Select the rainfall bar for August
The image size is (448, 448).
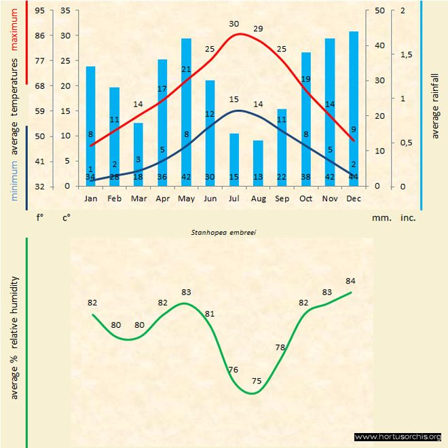[x=258, y=163]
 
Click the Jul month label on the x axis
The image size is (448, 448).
[x=234, y=198]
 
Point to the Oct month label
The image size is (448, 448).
[x=305, y=198]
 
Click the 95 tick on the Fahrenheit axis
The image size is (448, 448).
[x=41, y=10]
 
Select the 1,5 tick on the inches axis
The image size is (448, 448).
[x=407, y=54]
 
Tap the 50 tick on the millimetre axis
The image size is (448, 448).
[x=379, y=10]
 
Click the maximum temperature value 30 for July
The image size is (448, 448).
[x=234, y=24]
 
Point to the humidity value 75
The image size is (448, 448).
[x=257, y=381]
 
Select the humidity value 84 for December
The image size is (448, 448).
[x=350, y=281]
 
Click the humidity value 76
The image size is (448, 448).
[x=233, y=370]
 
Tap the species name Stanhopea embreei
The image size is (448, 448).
[x=219, y=232]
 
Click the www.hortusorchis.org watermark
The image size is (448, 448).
[x=398, y=436]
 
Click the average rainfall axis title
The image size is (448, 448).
[x=435, y=105]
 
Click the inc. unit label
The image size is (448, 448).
[x=407, y=219]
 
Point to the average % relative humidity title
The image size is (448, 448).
[x=14, y=338]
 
